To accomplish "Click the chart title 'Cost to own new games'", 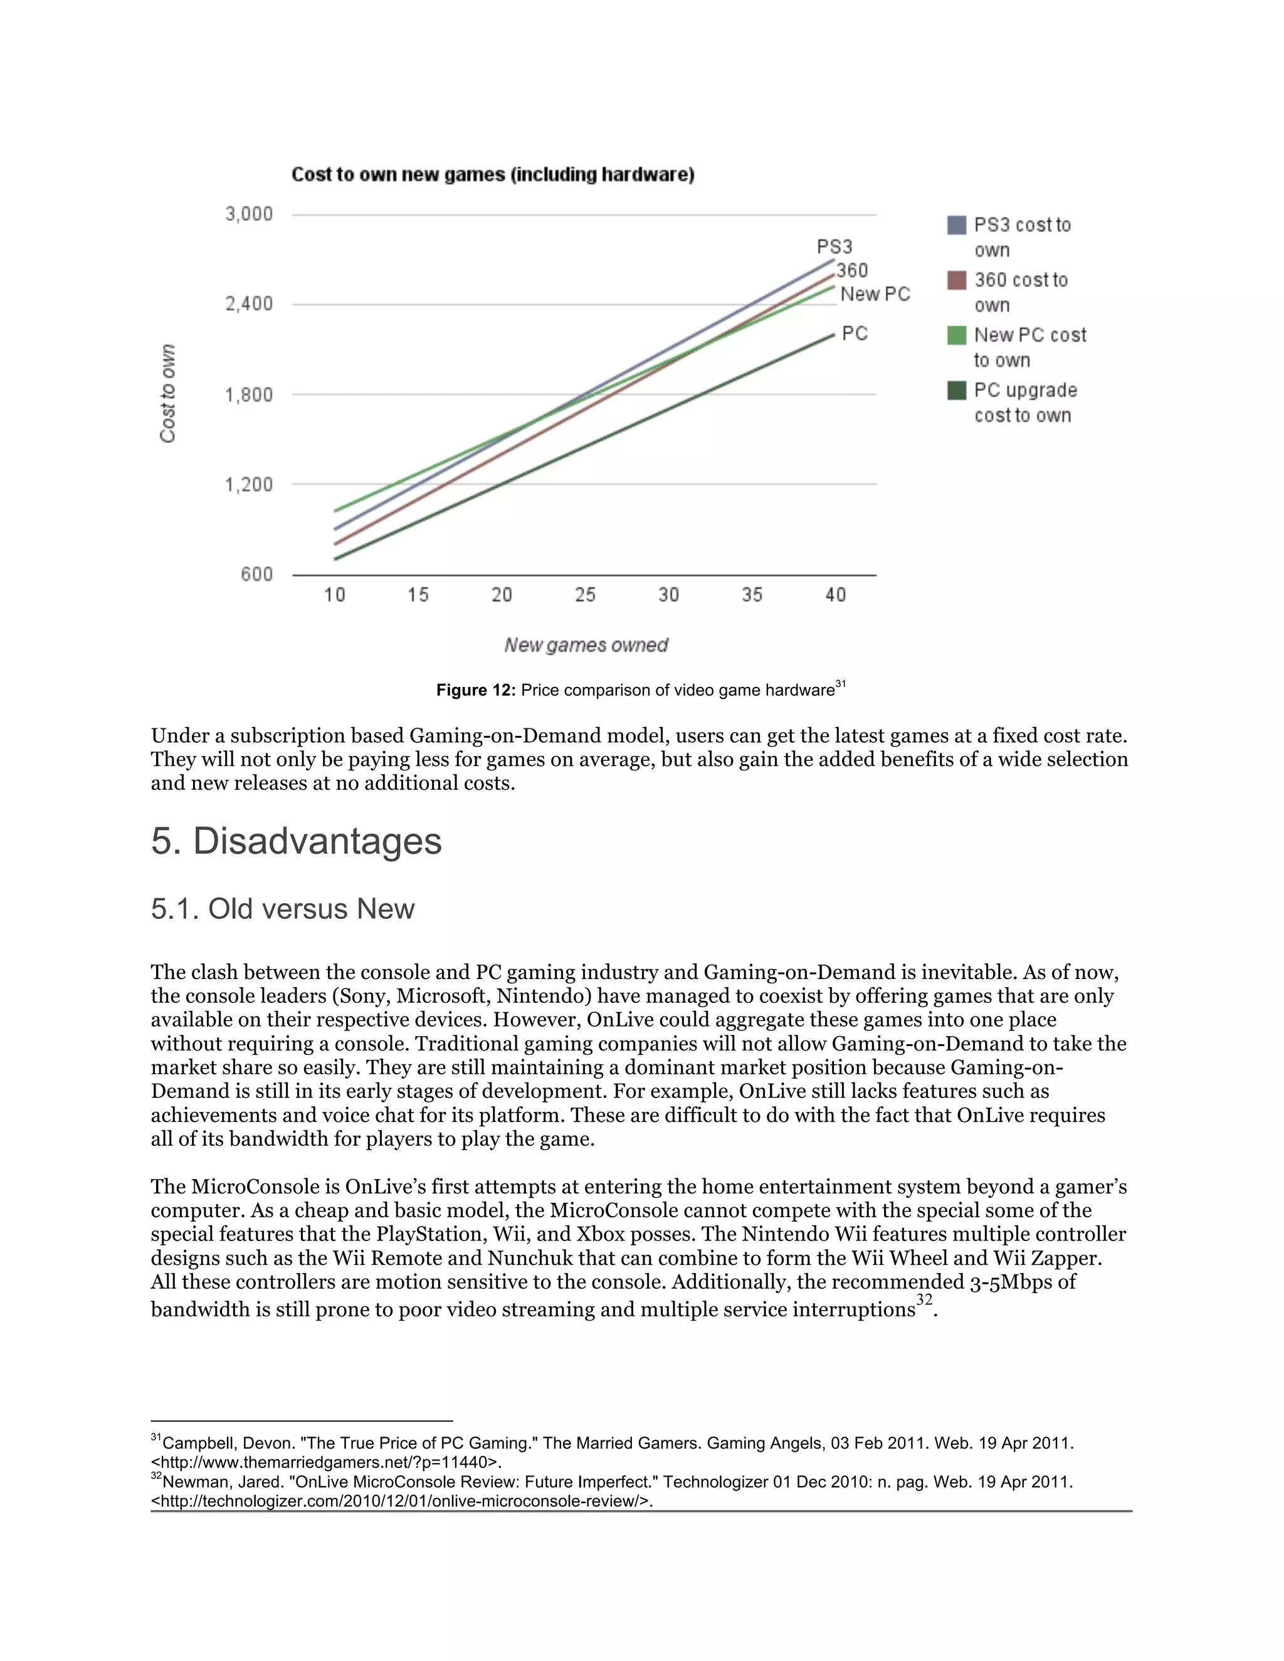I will tap(492, 175).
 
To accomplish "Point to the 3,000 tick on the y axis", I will tap(249, 214).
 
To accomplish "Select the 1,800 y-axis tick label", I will tap(249, 395).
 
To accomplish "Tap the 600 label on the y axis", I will tap(256, 574).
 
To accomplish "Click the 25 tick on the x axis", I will tap(585, 595).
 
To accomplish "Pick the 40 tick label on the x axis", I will tap(835, 595).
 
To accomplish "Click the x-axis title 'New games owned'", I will tap(586, 646).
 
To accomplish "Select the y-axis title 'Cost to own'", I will tap(167, 393).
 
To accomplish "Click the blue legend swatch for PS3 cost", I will tap(957, 225).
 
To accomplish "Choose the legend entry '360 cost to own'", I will tap(1021, 292).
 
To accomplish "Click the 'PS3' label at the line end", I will tap(834, 247).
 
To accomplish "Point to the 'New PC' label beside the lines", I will tap(875, 295).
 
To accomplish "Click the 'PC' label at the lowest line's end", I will tap(855, 334).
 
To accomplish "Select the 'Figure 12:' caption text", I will tap(475, 691).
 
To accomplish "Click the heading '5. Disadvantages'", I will tap(296, 841).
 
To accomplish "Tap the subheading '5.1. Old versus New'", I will tap(282, 909).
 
